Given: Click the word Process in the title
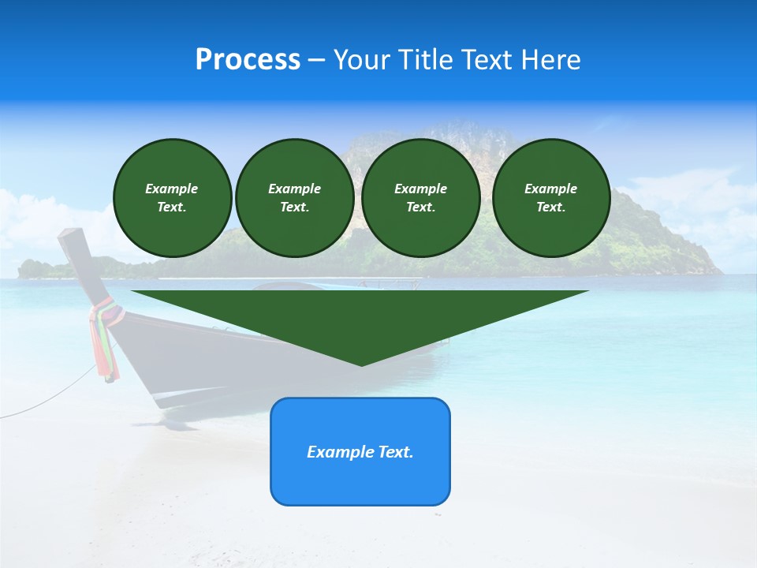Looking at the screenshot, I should click(248, 60).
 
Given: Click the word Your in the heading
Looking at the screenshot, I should click(361, 60).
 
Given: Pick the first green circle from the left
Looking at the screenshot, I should click(173, 198).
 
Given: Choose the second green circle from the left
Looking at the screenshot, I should click(295, 198).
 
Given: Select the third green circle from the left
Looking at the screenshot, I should click(421, 198).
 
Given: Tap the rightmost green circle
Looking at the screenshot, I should click(551, 198).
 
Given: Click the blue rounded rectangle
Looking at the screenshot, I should click(360, 451).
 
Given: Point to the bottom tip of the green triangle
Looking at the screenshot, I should click(361, 364).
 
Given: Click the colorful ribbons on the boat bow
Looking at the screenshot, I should click(105, 339).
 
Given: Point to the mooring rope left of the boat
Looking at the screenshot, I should click(47, 399).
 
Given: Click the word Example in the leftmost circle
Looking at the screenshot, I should click(172, 189).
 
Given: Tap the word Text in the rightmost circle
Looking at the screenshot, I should click(550, 207).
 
